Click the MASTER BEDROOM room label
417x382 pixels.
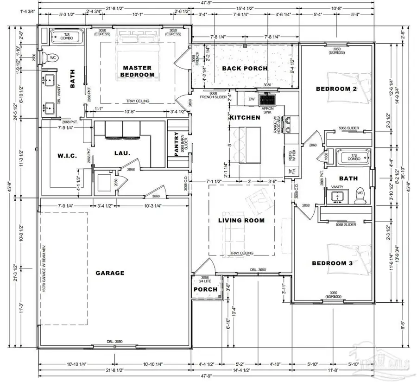[x=137, y=70]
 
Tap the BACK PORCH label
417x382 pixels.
[x=244, y=68]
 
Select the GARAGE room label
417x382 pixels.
[x=110, y=273]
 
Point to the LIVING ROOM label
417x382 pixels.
[x=241, y=220]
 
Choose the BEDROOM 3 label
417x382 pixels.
[x=332, y=263]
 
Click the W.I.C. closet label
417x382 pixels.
[x=58, y=155]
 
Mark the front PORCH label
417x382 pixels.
[x=205, y=289]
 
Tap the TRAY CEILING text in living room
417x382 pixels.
[x=241, y=253]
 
